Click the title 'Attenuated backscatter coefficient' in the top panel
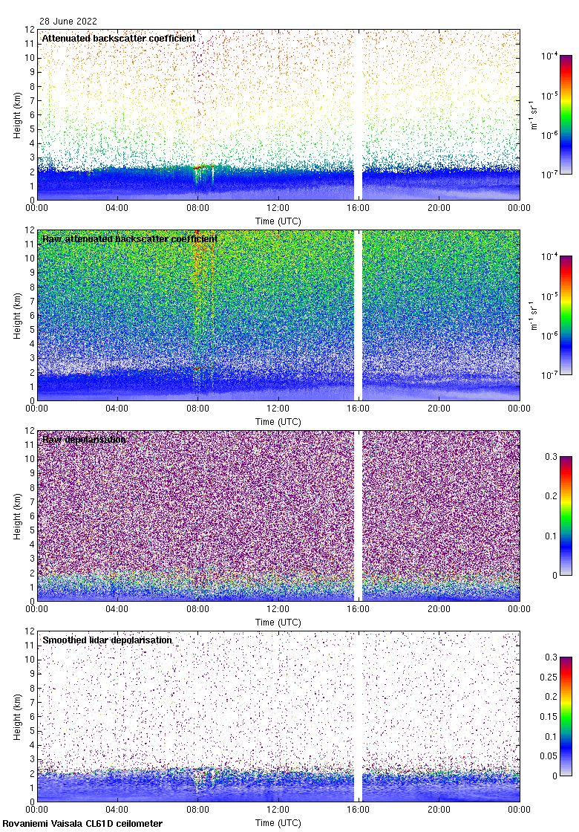click(119, 38)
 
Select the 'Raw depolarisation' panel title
click(84, 439)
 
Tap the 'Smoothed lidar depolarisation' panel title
click(107, 640)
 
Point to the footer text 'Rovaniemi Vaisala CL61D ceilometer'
click(82, 823)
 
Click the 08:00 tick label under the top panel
click(197, 208)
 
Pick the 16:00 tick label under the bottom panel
click(359, 810)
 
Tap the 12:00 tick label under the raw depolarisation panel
click(278, 609)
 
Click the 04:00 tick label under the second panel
click(117, 409)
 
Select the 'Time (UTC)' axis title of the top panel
click(278, 221)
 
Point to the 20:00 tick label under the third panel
click(439, 609)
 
